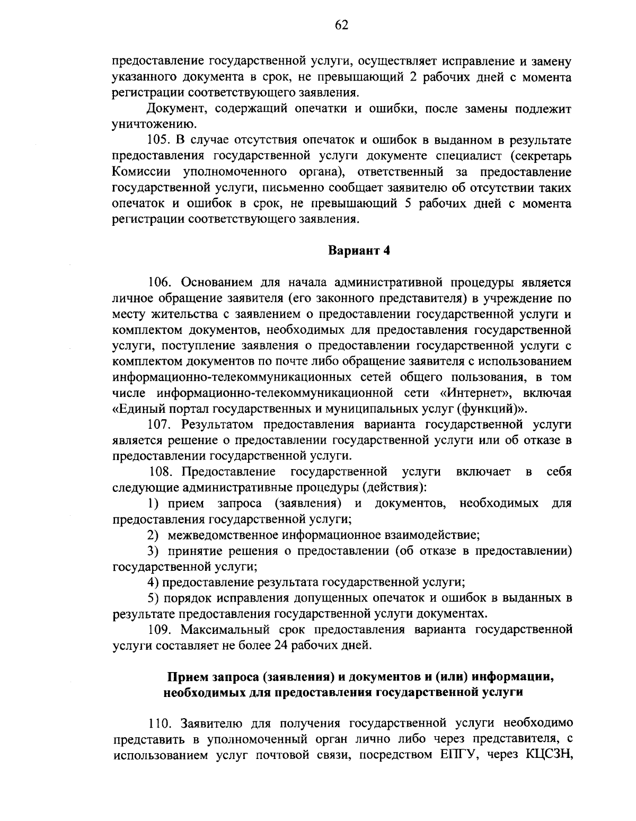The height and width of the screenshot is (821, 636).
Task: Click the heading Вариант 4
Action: [x=359, y=251]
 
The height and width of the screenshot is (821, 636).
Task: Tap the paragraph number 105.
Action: [x=157, y=141]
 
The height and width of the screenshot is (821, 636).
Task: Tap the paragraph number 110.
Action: [x=158, y=722]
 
